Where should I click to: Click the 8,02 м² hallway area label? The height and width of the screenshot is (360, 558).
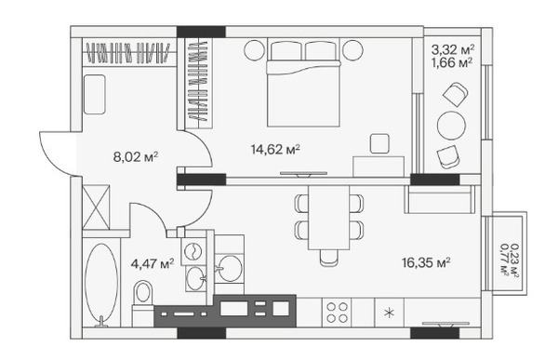click(x=136, y=156)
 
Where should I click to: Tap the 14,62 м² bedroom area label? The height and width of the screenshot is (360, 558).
click(x=275, y=149)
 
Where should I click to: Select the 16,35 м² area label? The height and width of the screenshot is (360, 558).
click(x=426, y=262)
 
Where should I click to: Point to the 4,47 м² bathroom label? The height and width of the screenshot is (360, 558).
click(x=153, y=264)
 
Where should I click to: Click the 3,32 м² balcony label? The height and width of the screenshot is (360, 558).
click(x=453, y=49)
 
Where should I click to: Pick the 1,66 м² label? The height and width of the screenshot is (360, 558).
click(x=452, y=62)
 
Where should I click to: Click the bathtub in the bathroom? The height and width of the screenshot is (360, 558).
click(x=101, y=284)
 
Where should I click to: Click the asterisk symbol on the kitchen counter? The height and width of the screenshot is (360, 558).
click(x=390, y=313)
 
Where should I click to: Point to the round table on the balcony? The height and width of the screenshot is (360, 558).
click(x=451, y=126)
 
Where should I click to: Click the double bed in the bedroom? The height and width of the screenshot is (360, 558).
click(x=303, y=84)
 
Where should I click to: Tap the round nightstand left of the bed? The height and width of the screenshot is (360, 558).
click(x=255, y=50)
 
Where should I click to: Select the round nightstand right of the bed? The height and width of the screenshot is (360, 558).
click(x=352, y=50)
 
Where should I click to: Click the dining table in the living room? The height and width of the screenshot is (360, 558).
click(x=329, y=218)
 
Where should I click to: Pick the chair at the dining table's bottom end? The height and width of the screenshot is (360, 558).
click(x=329, y=258)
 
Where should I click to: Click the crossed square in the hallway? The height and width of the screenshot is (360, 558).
click(x=96, y=207)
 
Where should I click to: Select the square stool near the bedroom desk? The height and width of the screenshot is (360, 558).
click(x=379, y=143)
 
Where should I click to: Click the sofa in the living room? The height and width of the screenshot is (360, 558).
click(x=440, y=199)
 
